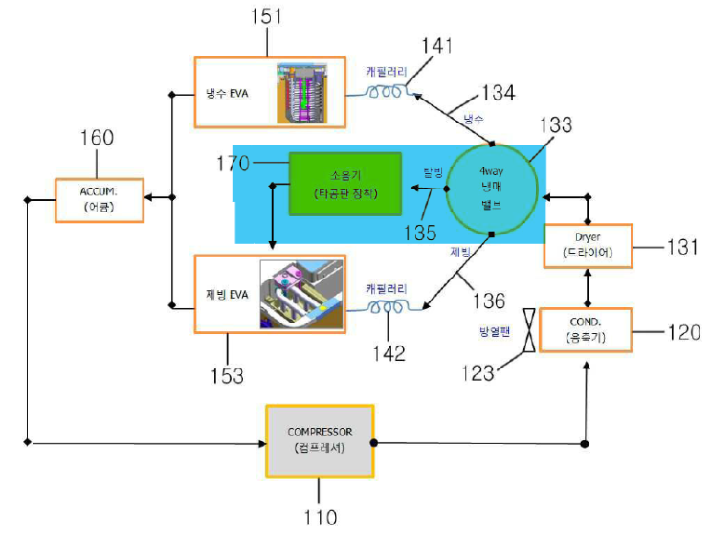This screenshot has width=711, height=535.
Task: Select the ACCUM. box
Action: pos(99,199)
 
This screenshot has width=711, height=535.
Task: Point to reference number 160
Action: pos(96,138)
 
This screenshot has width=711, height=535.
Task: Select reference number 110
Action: pos(320,518)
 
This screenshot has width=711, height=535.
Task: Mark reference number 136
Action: pos(488,301)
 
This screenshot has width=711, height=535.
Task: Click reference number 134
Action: pos(499,92)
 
